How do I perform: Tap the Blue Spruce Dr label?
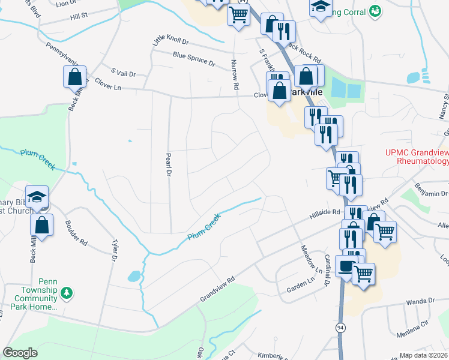coord(194,58)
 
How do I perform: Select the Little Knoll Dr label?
coord(170,40)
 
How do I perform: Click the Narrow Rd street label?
coord(234,70)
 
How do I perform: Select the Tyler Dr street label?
coord(115,251)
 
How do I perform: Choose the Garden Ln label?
coord(300,289)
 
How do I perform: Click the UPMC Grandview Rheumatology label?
coord(417,157)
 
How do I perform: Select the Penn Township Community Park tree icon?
coord(68,293)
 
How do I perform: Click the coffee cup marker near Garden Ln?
coord(346,266)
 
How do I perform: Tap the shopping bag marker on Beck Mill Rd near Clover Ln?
coord(74,77)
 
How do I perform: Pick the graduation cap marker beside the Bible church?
coord(37,197)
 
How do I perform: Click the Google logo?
coord(20,352)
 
